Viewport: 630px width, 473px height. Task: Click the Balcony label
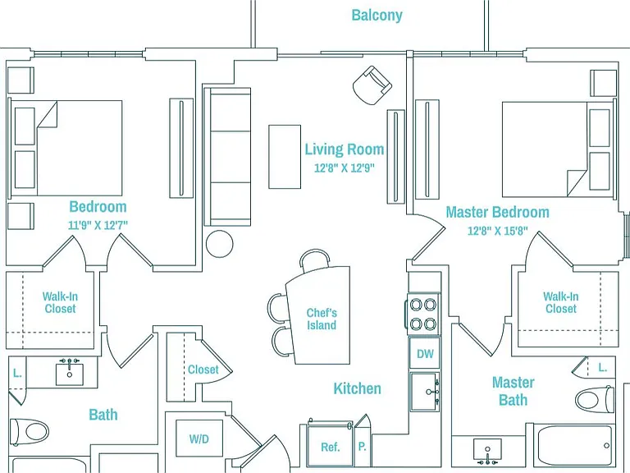377,16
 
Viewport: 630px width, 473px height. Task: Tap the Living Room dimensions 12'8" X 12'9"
345,168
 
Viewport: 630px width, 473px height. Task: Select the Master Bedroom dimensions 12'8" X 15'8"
497,231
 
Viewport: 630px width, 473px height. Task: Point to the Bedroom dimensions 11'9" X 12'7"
98,225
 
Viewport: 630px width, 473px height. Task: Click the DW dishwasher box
425,353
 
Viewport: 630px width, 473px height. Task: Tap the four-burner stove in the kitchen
423,314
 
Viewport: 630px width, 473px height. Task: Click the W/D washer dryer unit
199,439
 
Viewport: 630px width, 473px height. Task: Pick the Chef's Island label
322,319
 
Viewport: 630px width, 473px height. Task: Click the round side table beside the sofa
219,243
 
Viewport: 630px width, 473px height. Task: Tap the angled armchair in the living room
372,85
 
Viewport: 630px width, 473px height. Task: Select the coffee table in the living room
285,157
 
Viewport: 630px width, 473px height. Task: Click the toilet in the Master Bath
594,399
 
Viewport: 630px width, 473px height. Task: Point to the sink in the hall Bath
70,372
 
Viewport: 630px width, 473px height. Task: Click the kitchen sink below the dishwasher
425,392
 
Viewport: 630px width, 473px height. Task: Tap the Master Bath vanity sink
487,452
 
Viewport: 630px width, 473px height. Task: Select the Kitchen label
357,388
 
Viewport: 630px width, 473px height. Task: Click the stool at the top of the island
315,259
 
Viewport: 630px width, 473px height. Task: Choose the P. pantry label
362,447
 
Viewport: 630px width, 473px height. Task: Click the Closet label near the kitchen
203,370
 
